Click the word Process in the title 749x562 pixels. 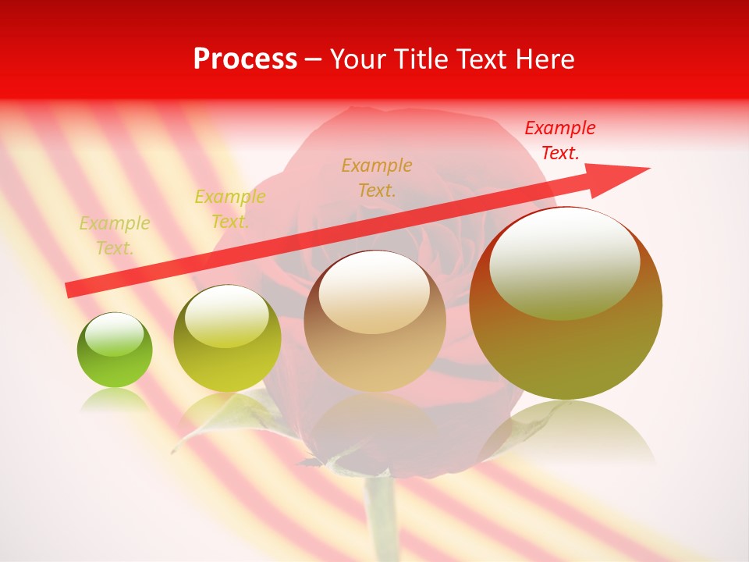click(245, 59)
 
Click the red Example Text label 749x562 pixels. click(559, 140)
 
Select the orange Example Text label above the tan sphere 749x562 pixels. click(377, 177)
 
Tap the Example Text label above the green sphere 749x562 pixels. click(115, 235)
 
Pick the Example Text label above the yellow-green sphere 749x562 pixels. click(229, 209)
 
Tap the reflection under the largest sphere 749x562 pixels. click(566, 429)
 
